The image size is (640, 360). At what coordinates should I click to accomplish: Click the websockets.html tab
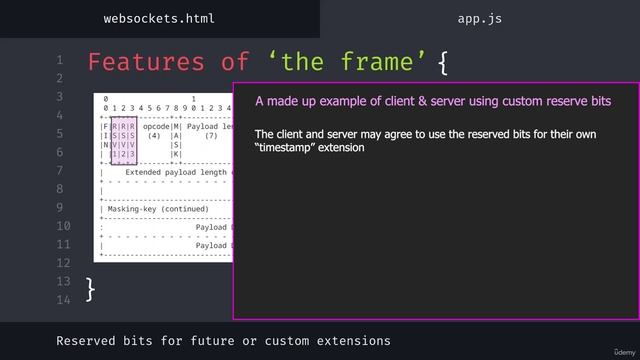click(159, 18)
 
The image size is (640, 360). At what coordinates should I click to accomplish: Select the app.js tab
click(479, 18)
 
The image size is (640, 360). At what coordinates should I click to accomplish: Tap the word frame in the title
click(376, 62)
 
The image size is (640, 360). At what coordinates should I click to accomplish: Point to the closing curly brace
click(91, 289)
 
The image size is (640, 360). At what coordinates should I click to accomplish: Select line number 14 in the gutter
click(65, 299)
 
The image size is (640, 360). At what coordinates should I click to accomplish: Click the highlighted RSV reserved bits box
click(124, 141)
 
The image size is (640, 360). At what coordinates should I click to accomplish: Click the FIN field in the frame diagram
click(104, 141)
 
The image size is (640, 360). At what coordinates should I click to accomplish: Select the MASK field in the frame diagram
click(177, 141)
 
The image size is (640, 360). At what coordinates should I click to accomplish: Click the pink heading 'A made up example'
click(432, 101)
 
